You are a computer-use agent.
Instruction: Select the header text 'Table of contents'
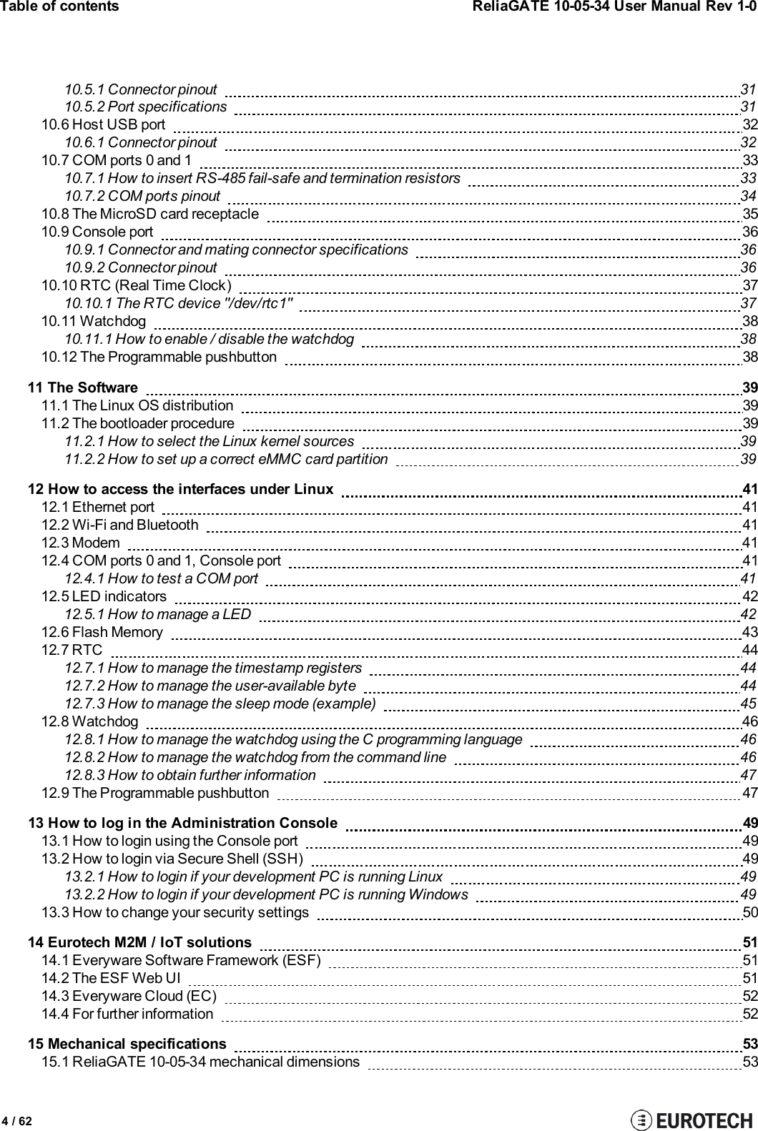point(60,6)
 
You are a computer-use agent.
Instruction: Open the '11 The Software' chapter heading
point(82,388)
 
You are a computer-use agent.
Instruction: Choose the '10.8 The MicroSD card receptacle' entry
point(150,214)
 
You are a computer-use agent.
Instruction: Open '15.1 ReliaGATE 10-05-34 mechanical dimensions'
point(200,1062)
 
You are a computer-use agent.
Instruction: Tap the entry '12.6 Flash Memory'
point(102,632)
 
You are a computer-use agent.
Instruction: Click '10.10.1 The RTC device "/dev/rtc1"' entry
point(179,303)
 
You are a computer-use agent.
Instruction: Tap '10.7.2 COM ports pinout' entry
point(142,196)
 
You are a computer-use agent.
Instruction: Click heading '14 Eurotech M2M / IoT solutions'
point(139,943)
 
